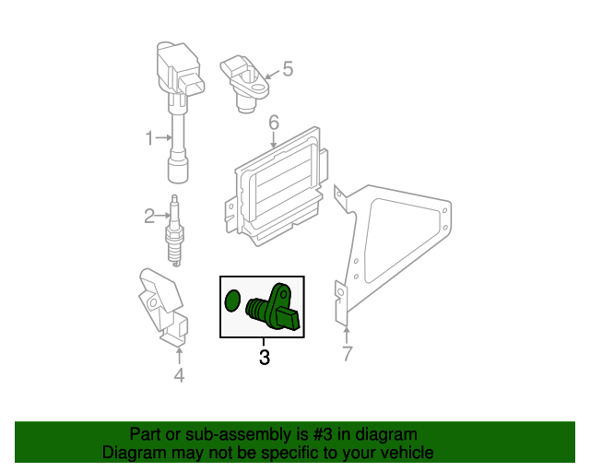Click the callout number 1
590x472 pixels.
click(x=149, y=138)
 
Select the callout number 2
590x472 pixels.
click(x=149, y=217)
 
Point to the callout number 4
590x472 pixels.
click(x=179, y=374)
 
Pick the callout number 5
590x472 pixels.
click(x=287, y=68)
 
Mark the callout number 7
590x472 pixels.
click(x=347, y=354)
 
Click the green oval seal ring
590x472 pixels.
click(x=233, y=300)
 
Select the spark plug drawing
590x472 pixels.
click(x=171, y=230)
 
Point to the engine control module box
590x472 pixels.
click(x=277, y=189)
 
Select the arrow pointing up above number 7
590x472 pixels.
click(x=347, y=333)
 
